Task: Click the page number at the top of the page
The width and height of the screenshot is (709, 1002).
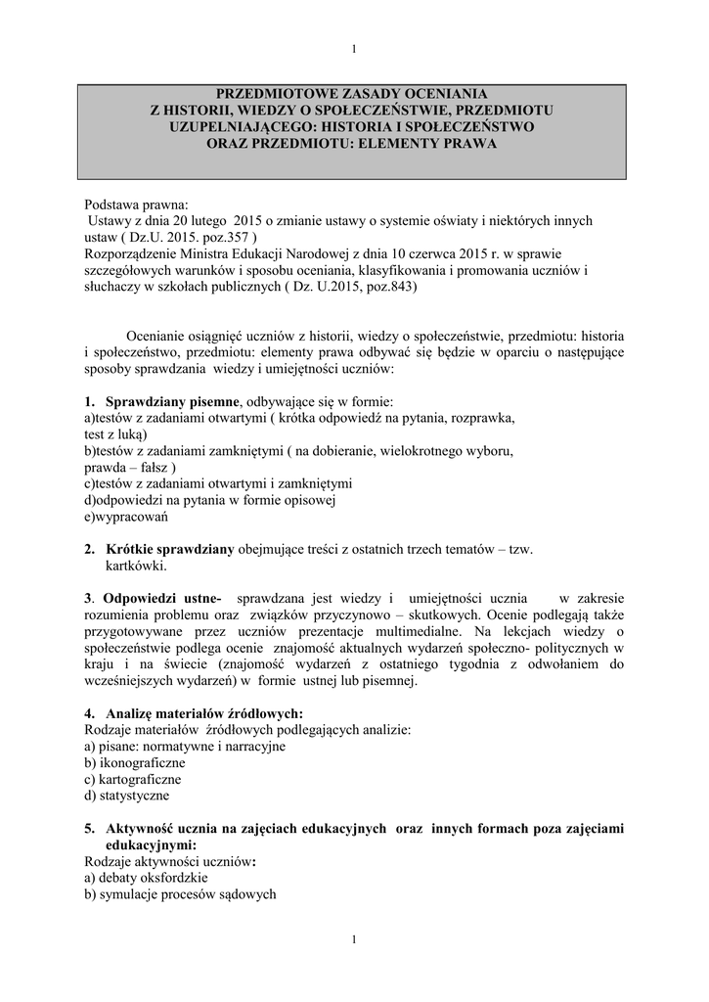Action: click(x=353, y=50)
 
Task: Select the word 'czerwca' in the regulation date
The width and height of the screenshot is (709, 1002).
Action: click(x=424, y=253)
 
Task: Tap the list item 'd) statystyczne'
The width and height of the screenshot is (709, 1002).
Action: click(x=127, y=796)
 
